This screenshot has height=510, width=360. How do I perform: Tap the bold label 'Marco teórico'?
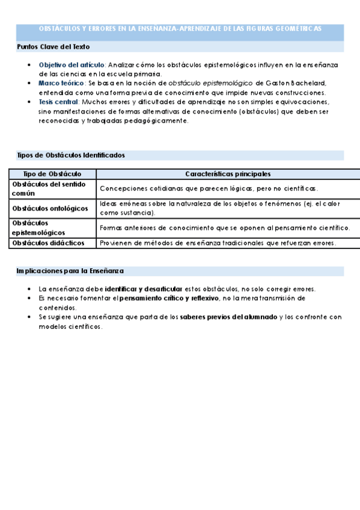(61, 82)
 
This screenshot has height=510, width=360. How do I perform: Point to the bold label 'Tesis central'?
(59, 102)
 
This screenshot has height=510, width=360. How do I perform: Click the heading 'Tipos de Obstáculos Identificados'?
(70, 155)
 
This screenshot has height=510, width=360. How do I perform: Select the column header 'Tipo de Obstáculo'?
(52, 174)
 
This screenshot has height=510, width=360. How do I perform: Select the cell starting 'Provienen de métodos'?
(218, 243)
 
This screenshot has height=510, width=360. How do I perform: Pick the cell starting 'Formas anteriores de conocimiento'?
(225, 227)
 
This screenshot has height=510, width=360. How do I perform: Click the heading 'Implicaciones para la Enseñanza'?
(70, 271)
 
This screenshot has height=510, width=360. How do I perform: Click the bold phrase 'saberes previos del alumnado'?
(228, 316)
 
